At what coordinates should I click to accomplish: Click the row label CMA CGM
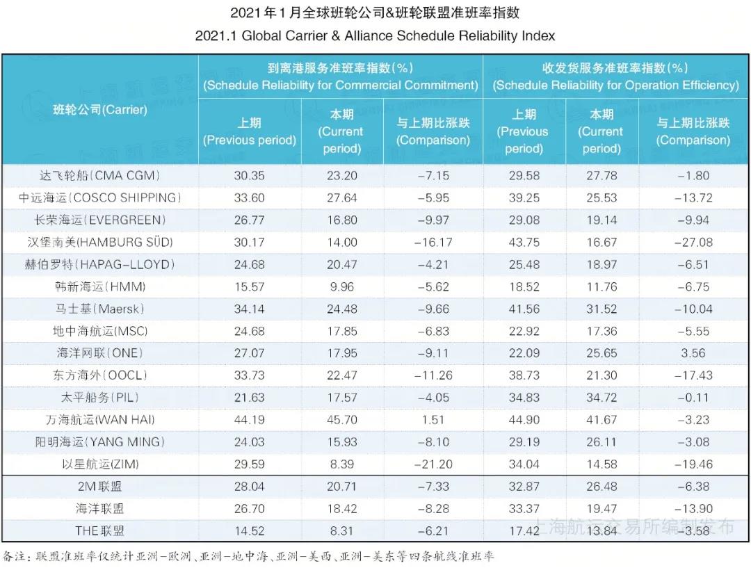point(100,175)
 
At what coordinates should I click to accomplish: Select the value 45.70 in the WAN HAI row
point(341,419)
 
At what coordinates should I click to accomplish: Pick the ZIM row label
point(100,464)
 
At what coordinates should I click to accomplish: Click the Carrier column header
point(100,109)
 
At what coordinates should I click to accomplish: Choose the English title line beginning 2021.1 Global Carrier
point(375,35)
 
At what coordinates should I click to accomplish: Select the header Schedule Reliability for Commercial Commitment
point(341,76)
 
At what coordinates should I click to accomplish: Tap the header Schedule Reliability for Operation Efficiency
point(615,76)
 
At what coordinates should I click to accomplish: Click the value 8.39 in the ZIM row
point(341,464)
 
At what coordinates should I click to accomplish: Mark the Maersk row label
point(100,309)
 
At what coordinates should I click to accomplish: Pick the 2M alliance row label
point(100,487)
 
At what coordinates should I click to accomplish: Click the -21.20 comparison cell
point(433,464)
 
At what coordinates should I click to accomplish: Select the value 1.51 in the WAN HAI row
point(433,419)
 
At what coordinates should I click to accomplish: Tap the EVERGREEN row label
point(100,220)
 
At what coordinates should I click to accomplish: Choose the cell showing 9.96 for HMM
point(341,286)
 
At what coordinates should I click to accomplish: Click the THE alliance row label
point(100,530)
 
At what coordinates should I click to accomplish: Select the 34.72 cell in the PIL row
point(601,397)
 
